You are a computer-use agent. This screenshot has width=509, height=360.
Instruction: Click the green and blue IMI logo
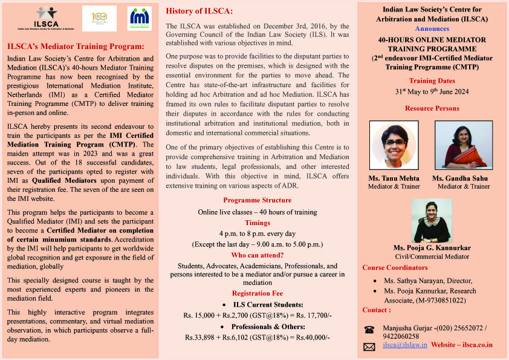tap(139, 18)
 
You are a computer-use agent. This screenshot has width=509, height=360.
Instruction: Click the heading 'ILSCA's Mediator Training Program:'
tap(76, 47)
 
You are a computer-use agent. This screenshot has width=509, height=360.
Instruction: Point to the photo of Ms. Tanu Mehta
tap(392, 145)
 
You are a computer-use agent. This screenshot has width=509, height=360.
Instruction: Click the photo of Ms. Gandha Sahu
tap(463, 145)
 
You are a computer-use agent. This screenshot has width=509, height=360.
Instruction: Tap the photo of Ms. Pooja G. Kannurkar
tap(432, 221)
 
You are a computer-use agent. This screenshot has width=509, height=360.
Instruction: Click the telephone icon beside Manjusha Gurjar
tap(369, 329)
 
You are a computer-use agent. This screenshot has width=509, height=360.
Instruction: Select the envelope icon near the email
tap(369, 347)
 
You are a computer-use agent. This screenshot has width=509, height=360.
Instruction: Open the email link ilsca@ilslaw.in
tap(405, 345)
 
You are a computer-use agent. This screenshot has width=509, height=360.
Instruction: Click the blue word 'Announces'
tap(432, 28)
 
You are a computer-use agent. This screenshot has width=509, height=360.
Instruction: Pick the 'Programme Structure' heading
tap(257, 200)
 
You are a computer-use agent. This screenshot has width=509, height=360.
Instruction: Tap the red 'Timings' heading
tap(257, 223)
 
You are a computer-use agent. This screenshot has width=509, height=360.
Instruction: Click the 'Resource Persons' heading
tap(432, 108)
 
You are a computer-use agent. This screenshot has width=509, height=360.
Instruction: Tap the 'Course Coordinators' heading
tap(395, 267)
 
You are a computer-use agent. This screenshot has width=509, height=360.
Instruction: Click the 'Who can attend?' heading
tap(257, 255)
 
